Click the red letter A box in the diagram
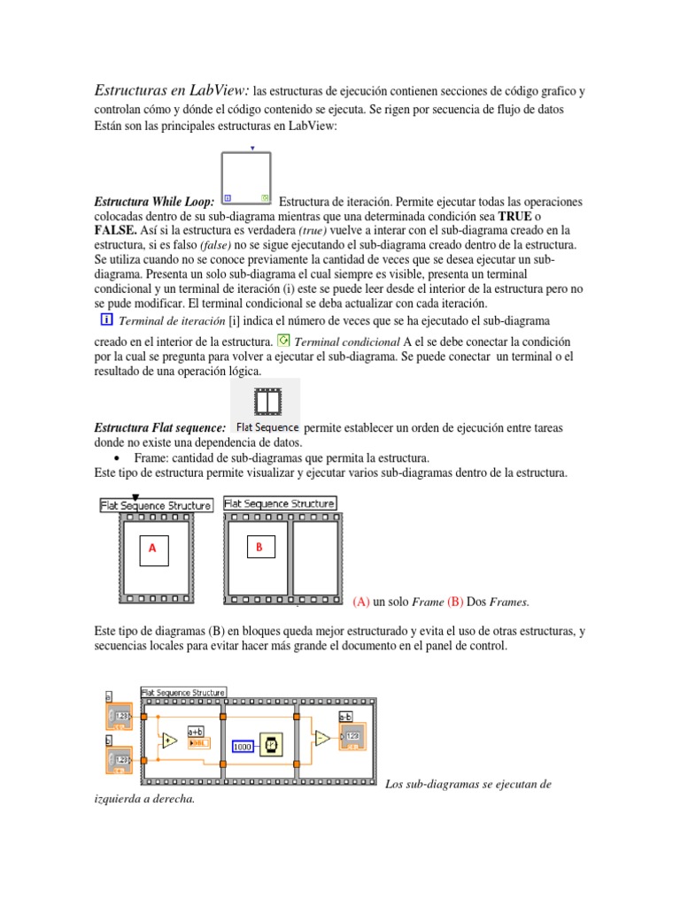[x=152, y=549]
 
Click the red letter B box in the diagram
[x=259, y=548]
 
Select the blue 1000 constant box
[x=243, y=747]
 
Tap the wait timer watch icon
[x=272, y=746]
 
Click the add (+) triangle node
[x=168, y=739]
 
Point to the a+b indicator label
[x=196, y=732]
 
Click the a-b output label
[x=347, y=718]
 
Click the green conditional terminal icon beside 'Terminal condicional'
[x=283, y=340]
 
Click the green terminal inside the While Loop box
[x=264, y=198]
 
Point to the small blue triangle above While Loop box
[x=254, y=149]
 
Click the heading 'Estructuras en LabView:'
[x=172, y=91]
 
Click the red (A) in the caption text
[x=361, y=602]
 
